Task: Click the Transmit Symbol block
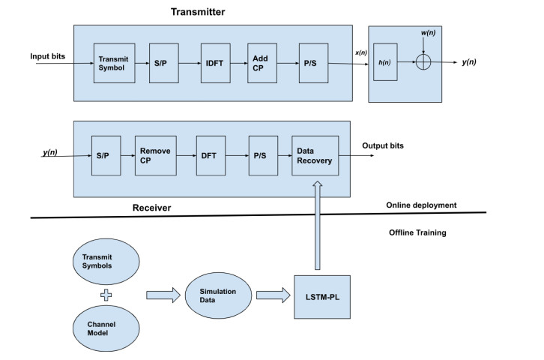114,64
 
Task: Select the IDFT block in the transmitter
214,64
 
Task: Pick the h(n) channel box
387,64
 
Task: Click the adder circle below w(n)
425,64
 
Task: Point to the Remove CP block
154,155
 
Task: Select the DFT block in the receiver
210,155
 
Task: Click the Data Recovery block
315,155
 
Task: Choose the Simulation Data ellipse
218,295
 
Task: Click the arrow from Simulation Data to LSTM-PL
273,295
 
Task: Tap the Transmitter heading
197,11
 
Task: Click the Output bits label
383,145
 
